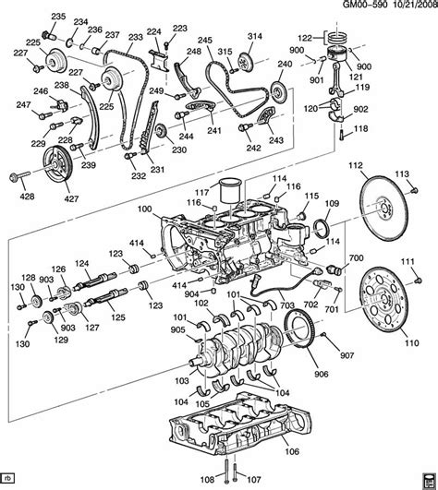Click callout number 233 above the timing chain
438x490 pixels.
click(x=135, y=37)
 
